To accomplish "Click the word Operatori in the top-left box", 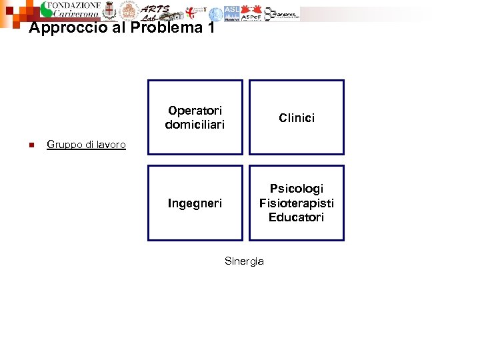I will click(x=195, y=111).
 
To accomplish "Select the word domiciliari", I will click(x=195, y=125).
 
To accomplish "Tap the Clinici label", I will click(x=297, y=118).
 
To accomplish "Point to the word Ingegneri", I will click(x=195, y=203).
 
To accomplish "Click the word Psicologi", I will click(x=297, y=189).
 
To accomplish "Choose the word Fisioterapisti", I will click(x=297, y=203).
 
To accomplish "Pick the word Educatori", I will click(x=297, y=217).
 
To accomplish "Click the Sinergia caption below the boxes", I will click(x=244, y=261).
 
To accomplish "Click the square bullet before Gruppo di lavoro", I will click(x=31, y=145).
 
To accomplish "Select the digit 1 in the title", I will click(x=211, y=27).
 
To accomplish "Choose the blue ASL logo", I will click(x=231, y=13).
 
